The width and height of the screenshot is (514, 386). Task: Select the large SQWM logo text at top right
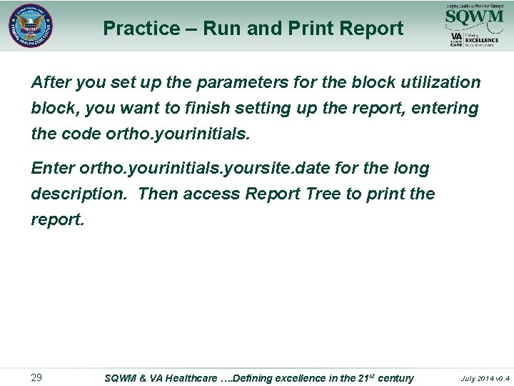(474, 16)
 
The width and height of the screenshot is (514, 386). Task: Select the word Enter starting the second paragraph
(53, 169)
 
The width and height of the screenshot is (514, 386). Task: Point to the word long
(410, 169)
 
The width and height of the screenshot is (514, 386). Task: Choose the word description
(79, 194)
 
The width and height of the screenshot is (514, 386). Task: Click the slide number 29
(36, 377)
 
